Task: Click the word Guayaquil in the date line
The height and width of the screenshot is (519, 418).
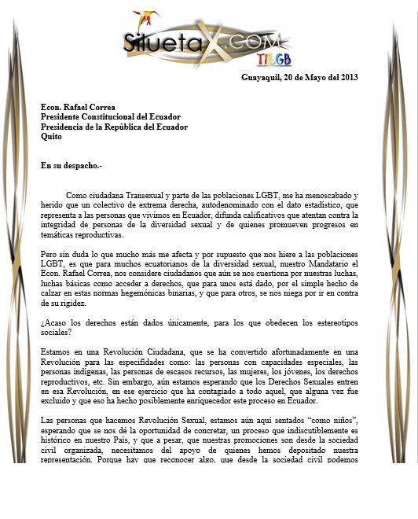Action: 264,76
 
